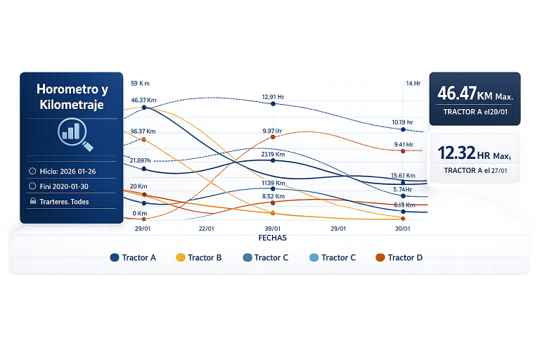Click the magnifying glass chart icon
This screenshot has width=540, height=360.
(72, 133)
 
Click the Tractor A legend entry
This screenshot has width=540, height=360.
(134, 257)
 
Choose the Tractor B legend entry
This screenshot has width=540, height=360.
(198, 257)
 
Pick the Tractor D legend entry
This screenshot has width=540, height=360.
(399, 257)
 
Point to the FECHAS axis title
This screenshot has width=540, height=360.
(272, 238)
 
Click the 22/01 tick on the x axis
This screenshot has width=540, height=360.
(207, 229)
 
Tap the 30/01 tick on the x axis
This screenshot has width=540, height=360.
(403, 229)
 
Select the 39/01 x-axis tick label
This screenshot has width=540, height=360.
(272, 229)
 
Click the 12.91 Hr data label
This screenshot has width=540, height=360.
(273, 96)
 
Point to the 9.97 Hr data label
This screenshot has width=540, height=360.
(272, 131)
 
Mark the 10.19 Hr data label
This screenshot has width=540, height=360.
(403, 122)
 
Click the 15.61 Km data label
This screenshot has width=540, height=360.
(403, 175)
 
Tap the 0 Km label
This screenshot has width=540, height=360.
(139, 213)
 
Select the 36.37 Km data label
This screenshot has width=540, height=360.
(143, 131)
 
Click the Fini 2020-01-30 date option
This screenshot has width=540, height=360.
(65, 186)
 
